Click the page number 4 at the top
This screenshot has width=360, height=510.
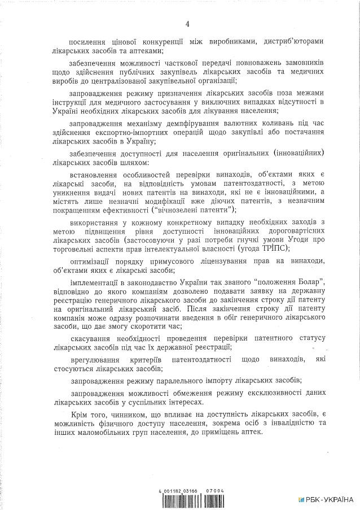pyautogui.click(x=186, y=24)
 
